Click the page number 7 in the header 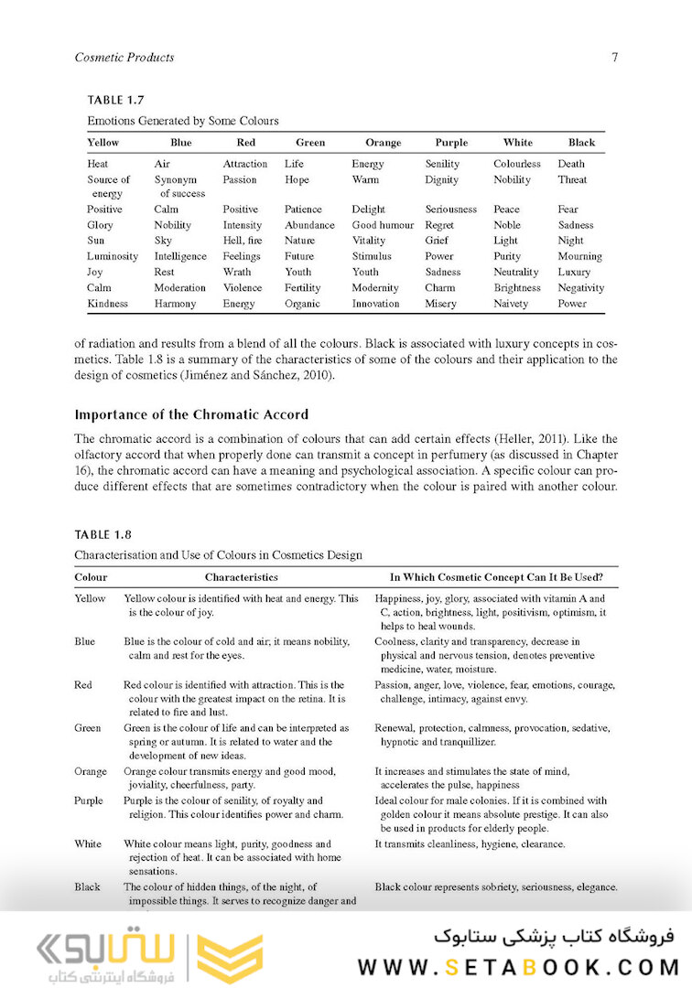coord(614,58)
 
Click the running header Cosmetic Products coord(124,58)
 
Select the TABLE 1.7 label coord(115,100)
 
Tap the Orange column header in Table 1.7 coord(383,143)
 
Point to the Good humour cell coord(383,225)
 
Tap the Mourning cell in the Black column coord(579,256)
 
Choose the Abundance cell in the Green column coord(309,225)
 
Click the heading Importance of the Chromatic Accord coord(191,414)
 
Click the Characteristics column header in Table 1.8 coord(241,578)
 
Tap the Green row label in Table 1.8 coord(88,728)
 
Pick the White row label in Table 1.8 coord(88,843)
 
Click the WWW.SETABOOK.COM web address coord(518,967)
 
